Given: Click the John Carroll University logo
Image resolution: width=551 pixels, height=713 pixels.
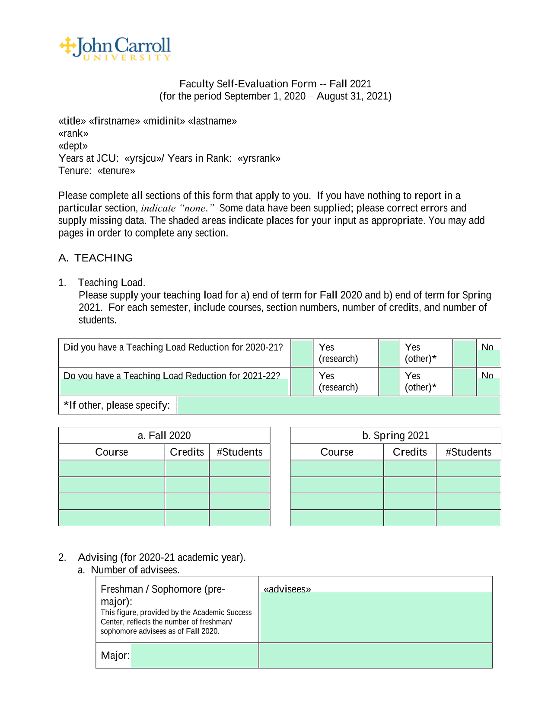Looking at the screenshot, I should click(115, 48).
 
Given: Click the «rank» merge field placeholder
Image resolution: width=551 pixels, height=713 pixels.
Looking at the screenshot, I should click(73, 134).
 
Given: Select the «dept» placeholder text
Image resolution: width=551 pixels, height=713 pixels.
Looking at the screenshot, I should click(73, 146).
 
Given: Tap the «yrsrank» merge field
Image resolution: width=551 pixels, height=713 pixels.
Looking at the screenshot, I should click(259, 158).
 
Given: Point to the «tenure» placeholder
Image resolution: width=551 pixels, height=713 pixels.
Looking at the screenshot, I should click(116, 171).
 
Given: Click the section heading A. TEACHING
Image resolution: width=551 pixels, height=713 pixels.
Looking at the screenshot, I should click(96, 258).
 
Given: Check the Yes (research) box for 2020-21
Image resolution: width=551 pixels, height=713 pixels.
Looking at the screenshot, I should click(302, 353).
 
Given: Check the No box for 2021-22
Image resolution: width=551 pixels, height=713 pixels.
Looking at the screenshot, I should click(464, 381).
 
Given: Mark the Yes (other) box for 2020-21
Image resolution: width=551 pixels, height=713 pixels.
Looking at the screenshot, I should click(389, 353).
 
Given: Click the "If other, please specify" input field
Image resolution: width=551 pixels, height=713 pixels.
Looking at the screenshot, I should click(338, 405).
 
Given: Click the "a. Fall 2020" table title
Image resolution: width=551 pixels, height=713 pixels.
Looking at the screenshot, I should click(164, 435).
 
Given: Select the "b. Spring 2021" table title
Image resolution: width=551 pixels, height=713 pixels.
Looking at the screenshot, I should click(395, 435).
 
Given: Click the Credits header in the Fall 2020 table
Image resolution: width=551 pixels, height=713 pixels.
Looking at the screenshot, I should click(187, 452).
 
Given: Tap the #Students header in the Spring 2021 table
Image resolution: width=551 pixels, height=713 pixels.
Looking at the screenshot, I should click(468, 452).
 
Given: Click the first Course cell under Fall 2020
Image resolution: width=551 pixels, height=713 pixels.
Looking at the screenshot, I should click(111, 468).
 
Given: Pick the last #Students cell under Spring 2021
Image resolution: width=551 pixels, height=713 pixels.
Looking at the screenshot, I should click(468, 518).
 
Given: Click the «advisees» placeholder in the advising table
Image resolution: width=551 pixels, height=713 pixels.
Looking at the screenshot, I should click(287, 589).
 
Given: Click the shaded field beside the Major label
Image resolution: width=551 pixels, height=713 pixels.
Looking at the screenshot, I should click(194, 655).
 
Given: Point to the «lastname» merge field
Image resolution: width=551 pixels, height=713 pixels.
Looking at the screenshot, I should click(212, 121).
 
